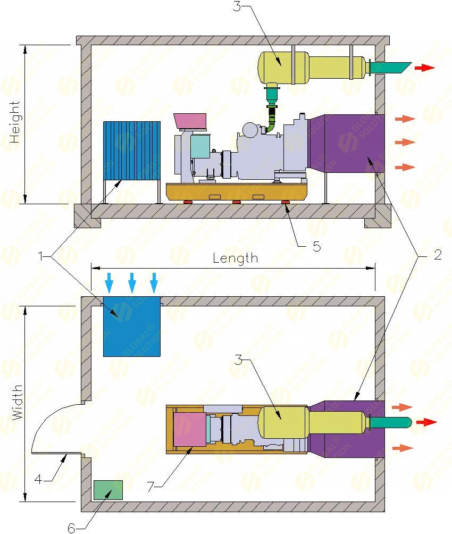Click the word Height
[x=14, y=122]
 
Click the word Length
[x=235, y=258]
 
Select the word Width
[x=18, y=403]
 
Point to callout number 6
[x=71, y=528]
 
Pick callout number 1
[x=41, y=256]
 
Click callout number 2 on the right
[x=437, y=255]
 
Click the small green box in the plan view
[x=108, y=489]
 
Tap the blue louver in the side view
[x=131, y=150]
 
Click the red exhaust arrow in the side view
[x=424, y=68]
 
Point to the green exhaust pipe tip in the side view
[x=394, y=68]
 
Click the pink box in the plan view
[x=189, y=429]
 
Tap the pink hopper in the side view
[x=190, y=120]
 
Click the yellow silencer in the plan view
[x=282, y=422]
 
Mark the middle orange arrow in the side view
[x=405, y=143]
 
